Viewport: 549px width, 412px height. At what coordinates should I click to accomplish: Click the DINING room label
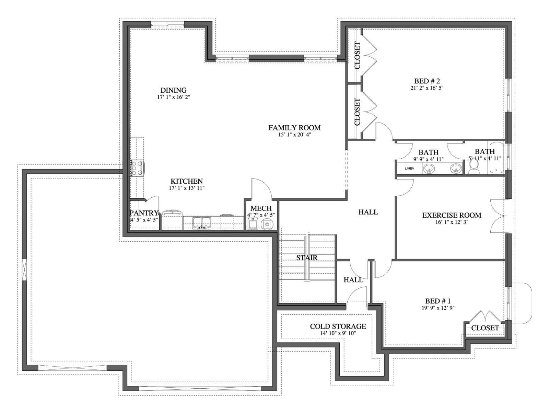click(x=173, y=90)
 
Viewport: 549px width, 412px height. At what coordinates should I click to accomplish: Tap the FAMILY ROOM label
click(x=294, y=128)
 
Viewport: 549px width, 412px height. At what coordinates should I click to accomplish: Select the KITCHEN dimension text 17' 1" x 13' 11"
click(x=187, y=188)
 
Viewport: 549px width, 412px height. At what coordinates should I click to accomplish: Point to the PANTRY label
click(x=144, y=213)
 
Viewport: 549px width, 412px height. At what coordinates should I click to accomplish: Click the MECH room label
click(x=261, y=208)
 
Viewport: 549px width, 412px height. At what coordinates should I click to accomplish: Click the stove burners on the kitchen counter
click(x=137, y=168)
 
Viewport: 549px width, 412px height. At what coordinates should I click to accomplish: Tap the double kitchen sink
click(x=202, y=222)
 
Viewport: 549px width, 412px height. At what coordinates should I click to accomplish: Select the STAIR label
click(x=307, y=257)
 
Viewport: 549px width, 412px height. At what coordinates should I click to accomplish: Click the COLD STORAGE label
click(x=338, y=327)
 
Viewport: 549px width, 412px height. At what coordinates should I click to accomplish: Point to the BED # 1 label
click(x=438, y=301)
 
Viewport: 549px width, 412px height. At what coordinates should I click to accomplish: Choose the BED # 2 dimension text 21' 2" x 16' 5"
click(x=427, y=88)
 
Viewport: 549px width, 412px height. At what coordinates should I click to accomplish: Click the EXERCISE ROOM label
click(x=452, y=215)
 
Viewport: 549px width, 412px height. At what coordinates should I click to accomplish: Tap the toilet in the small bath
click(x=474, y=167)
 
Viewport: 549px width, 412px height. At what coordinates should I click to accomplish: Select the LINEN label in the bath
click(x=409, y=168)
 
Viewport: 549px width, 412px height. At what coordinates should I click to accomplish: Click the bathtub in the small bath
click(x=496, y=158)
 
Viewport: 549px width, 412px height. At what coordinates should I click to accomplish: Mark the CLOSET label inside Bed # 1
click(x=485, y=328)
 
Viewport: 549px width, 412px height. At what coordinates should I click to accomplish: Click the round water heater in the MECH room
click(x=267, y=224)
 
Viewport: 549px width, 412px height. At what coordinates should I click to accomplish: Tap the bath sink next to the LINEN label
click(x=429, y=169)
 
